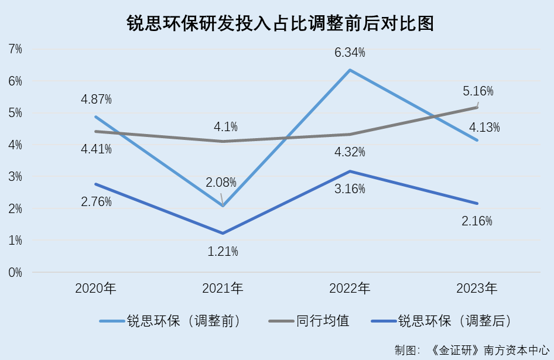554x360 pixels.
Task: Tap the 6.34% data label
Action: [x=350, y=53]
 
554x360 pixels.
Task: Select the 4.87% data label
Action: [x=97, y=99]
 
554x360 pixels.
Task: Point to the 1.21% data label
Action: [x=223, y=252]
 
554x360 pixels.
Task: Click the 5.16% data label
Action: [x=478, y=91]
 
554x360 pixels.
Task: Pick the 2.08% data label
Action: [x=221, y=182]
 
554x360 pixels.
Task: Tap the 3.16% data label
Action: [x=350, y=188]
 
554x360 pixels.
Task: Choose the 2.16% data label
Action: [x=477, y=221]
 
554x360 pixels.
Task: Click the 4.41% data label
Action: [x=97, y=149]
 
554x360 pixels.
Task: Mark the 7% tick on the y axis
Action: [x=15, y=49]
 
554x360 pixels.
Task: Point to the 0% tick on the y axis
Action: [x=15, y=272]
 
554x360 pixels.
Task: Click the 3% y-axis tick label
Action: [x=15, y=177]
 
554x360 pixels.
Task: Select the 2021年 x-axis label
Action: [x=223, y=288]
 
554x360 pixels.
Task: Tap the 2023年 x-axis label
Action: [x=477, y=288]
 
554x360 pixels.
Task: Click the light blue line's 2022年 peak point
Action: [x=350, y=70]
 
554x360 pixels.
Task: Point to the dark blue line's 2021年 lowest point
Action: [x=223, y=233]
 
